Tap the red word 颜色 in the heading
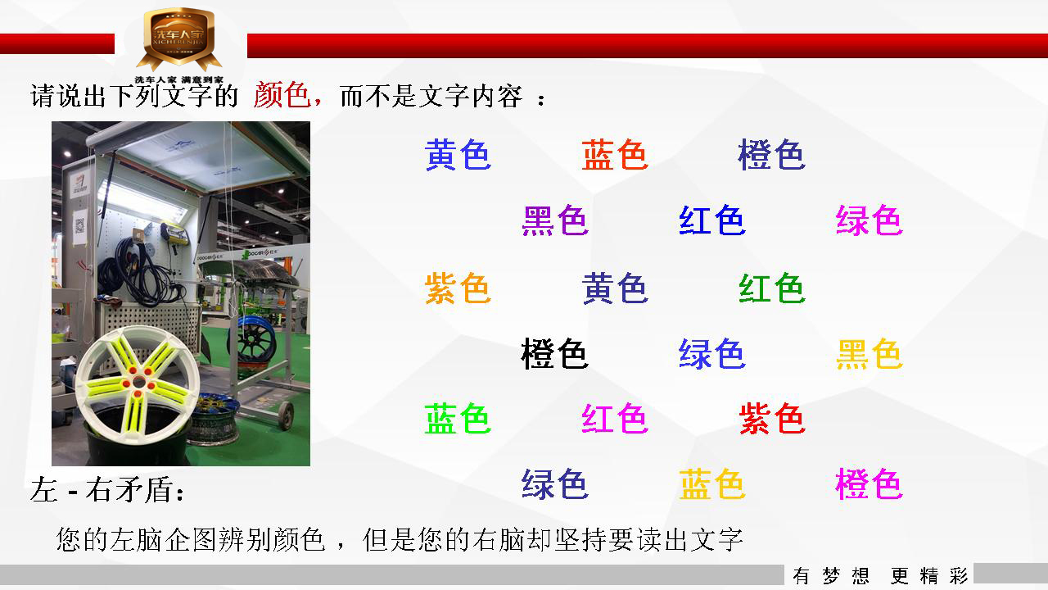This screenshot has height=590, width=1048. coord(282,95)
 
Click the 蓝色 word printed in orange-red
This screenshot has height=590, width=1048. coord(615,155)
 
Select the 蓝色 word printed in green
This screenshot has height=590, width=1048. coord(457,418)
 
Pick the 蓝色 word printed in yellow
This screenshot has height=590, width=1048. coord(711,483)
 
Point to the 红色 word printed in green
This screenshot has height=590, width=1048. coord(772,288)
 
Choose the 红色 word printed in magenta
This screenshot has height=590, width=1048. coord(615,418)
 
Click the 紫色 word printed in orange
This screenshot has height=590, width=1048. coord(457,288)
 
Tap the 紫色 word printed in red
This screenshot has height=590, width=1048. coord(772,418)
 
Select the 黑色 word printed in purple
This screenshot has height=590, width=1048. coord(554,220)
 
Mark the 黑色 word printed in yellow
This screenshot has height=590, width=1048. coord(869,353)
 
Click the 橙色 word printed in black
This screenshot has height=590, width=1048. coord(554,353)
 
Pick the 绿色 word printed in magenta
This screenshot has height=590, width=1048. coord(869,220)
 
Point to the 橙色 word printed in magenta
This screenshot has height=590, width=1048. coord(869,483)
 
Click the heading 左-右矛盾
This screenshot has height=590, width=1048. coord(107,490)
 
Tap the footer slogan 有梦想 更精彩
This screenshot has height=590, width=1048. coord(879,575)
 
